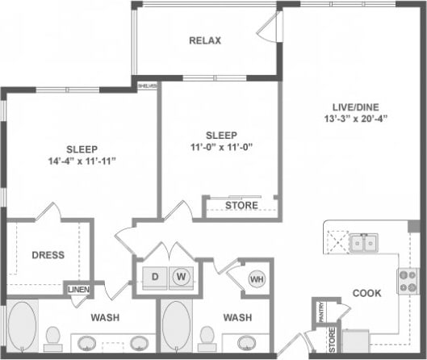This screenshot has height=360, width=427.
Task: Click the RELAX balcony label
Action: (x=205, y=40)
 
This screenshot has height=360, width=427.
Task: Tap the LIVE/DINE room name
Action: (x=351, y=106)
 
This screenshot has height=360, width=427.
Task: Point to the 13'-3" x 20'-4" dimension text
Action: (x=351, y=119)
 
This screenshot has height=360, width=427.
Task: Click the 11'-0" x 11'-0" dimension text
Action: (x=220, y=148)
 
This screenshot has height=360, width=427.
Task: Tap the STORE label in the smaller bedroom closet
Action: (x=241, y=206)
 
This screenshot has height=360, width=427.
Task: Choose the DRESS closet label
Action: (x=48, y=255)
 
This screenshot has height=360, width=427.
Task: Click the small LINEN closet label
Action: (x=78, y=289)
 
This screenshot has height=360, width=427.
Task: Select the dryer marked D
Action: (x=155, y=276)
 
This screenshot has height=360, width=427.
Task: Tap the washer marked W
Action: (x=182, y=276)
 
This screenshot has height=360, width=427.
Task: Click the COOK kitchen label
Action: (x=366, y=294)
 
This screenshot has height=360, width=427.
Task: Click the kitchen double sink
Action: (x=365, y=242)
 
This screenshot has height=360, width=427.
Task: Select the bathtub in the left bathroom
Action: (x=22, y=327)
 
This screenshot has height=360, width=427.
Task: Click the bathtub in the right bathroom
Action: (x=177, y=327)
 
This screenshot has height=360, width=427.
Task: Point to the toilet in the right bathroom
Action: (x=207, y=336)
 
